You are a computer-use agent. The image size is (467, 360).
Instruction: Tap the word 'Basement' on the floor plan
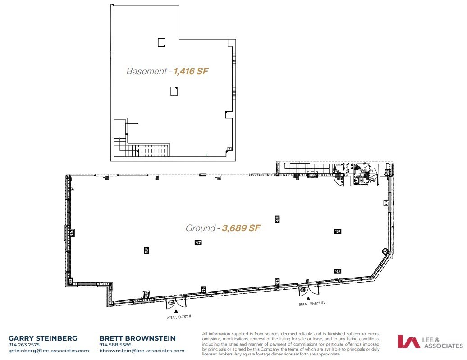coord(146,71)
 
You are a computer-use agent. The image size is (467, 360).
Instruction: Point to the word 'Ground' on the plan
coord(200,228)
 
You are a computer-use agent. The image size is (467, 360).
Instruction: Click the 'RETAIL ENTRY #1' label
coord(180,317)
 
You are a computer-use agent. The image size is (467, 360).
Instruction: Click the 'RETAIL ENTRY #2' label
coord(312,304)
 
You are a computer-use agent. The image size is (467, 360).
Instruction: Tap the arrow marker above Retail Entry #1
coord(176,310)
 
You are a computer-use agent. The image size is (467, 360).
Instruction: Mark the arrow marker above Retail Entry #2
coord(308,298)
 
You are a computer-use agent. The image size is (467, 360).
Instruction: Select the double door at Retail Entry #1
coord(176,303)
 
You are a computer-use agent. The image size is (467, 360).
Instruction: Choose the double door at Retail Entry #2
coord(308,290)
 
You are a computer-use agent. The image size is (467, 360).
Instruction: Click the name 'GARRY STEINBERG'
coord(43,338)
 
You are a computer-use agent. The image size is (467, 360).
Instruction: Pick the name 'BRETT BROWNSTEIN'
coord(137,338)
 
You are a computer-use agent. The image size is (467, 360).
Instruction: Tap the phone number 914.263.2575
coord(24,345)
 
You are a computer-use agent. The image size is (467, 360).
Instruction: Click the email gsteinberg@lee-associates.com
coord(49,351)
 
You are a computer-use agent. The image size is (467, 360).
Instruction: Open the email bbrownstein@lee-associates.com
coord(142,351)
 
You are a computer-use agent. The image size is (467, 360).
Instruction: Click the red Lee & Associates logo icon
coord(408,342)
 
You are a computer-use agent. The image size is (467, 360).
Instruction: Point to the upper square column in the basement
coord(161,42)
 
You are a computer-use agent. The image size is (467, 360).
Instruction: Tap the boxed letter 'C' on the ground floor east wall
coord(386,203)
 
